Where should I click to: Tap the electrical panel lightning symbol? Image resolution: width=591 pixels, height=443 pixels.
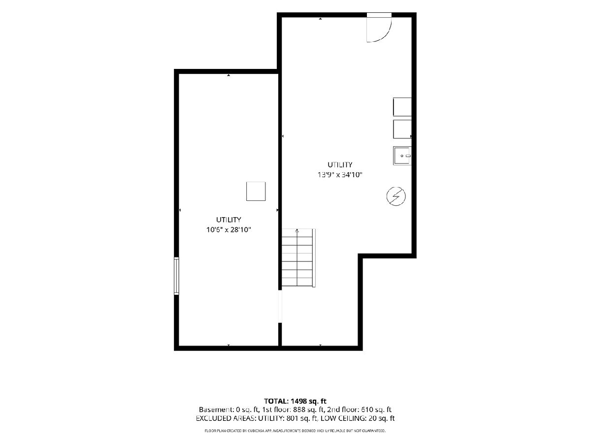(x=396, y=196)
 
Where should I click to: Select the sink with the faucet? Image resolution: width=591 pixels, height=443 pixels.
(x=402, y=156)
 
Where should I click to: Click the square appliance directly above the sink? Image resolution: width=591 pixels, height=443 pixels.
(x=402, y=129)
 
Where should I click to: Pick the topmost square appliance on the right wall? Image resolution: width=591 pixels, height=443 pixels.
(x=402, y=107)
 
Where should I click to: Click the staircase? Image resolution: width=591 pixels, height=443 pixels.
(x=298, y=257)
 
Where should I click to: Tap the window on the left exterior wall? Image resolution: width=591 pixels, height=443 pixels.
(x=176, y=276)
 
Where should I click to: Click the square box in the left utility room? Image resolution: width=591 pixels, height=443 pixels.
(x=256, y=191)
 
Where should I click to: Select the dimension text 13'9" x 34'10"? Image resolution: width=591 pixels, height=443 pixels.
(x=340, y=175)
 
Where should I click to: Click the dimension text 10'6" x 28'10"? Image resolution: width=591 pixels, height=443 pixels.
(x=229, y=230)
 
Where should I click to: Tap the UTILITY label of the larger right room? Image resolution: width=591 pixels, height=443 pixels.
(x=340, y=164)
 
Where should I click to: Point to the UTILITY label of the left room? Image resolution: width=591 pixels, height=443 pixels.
(x=229, y=220)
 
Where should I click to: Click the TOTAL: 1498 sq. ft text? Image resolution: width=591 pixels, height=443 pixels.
(x=295, y=401)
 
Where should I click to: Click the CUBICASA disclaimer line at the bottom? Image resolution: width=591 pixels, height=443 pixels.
(x=295, y=431)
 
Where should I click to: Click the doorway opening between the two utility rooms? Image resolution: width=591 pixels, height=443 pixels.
(x=280, y=306)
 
